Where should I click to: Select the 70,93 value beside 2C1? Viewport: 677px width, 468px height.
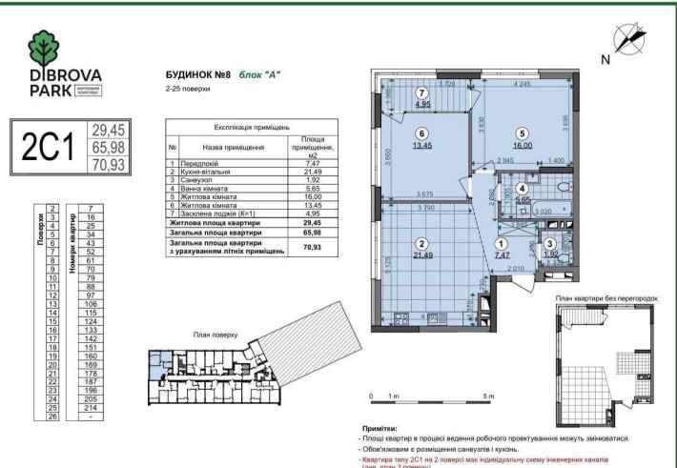[110, 164]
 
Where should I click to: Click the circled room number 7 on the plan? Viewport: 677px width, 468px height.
[420, 92]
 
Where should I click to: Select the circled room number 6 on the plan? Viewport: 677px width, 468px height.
[420, 133]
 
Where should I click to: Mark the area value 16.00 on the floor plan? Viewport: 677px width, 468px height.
[523, 146]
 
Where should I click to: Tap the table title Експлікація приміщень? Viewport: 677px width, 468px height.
[226, 127]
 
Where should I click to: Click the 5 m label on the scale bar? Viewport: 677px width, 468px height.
[489, 395]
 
